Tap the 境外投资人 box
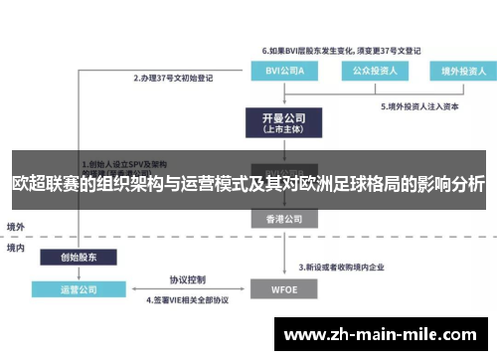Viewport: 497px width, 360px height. pos(458,71)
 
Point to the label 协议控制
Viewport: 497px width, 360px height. pos(187,279)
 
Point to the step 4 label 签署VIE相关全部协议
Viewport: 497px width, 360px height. pos(188,299)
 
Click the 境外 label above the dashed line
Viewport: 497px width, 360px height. pos(17,226)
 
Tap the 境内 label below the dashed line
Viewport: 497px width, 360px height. pos(17,247)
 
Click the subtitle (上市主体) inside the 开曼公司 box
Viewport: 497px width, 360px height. pos(280,129)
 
